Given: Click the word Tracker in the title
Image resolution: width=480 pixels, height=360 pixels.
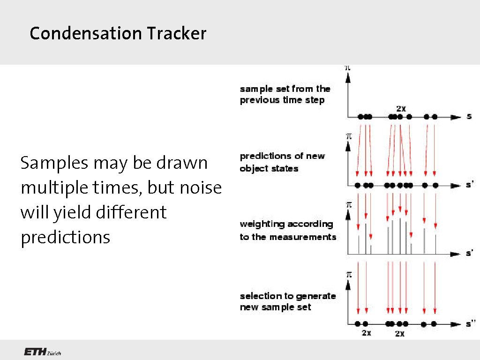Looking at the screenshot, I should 176,34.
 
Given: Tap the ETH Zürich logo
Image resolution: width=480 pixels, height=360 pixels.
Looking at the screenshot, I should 42,352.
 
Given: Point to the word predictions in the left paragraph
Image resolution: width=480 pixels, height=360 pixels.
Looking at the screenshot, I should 65,237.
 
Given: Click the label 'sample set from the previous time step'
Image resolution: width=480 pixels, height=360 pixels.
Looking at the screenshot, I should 285,94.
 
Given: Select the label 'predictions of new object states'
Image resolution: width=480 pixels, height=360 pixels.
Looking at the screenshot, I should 282,162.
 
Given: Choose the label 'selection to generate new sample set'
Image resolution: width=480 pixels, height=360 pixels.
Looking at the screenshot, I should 288,301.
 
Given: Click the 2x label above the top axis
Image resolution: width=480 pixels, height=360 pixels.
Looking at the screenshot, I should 401,108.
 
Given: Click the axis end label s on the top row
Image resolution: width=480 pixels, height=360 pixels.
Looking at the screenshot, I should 469,116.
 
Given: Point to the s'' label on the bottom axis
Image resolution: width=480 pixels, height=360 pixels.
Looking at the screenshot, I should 470,323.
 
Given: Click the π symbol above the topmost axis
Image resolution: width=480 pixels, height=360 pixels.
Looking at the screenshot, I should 347,67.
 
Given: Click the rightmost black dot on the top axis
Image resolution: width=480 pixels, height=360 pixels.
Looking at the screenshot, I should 435,117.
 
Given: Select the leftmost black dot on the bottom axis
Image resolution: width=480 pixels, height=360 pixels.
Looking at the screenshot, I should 358,323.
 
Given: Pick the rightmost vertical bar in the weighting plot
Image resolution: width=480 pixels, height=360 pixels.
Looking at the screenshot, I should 435,244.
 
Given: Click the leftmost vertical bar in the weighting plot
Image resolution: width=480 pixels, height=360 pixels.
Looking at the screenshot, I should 359,245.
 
